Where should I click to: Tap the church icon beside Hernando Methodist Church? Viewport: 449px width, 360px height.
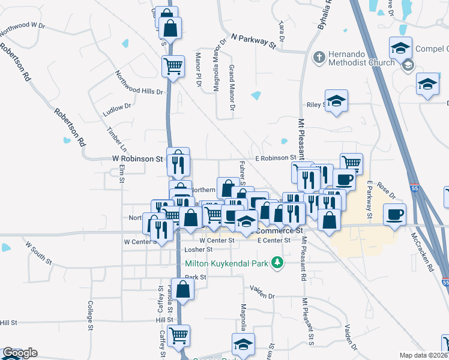point(319,56)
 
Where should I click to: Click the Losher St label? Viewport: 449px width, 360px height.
point(199,249)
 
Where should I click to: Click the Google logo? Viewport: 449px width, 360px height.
point(19,353)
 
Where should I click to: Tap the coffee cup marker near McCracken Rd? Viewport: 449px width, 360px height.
point(394,214)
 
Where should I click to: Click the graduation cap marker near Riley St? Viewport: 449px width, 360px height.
point(337,100)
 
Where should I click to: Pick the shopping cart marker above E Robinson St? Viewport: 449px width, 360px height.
point(351,163)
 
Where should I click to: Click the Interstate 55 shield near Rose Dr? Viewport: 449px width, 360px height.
point(414,188)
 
